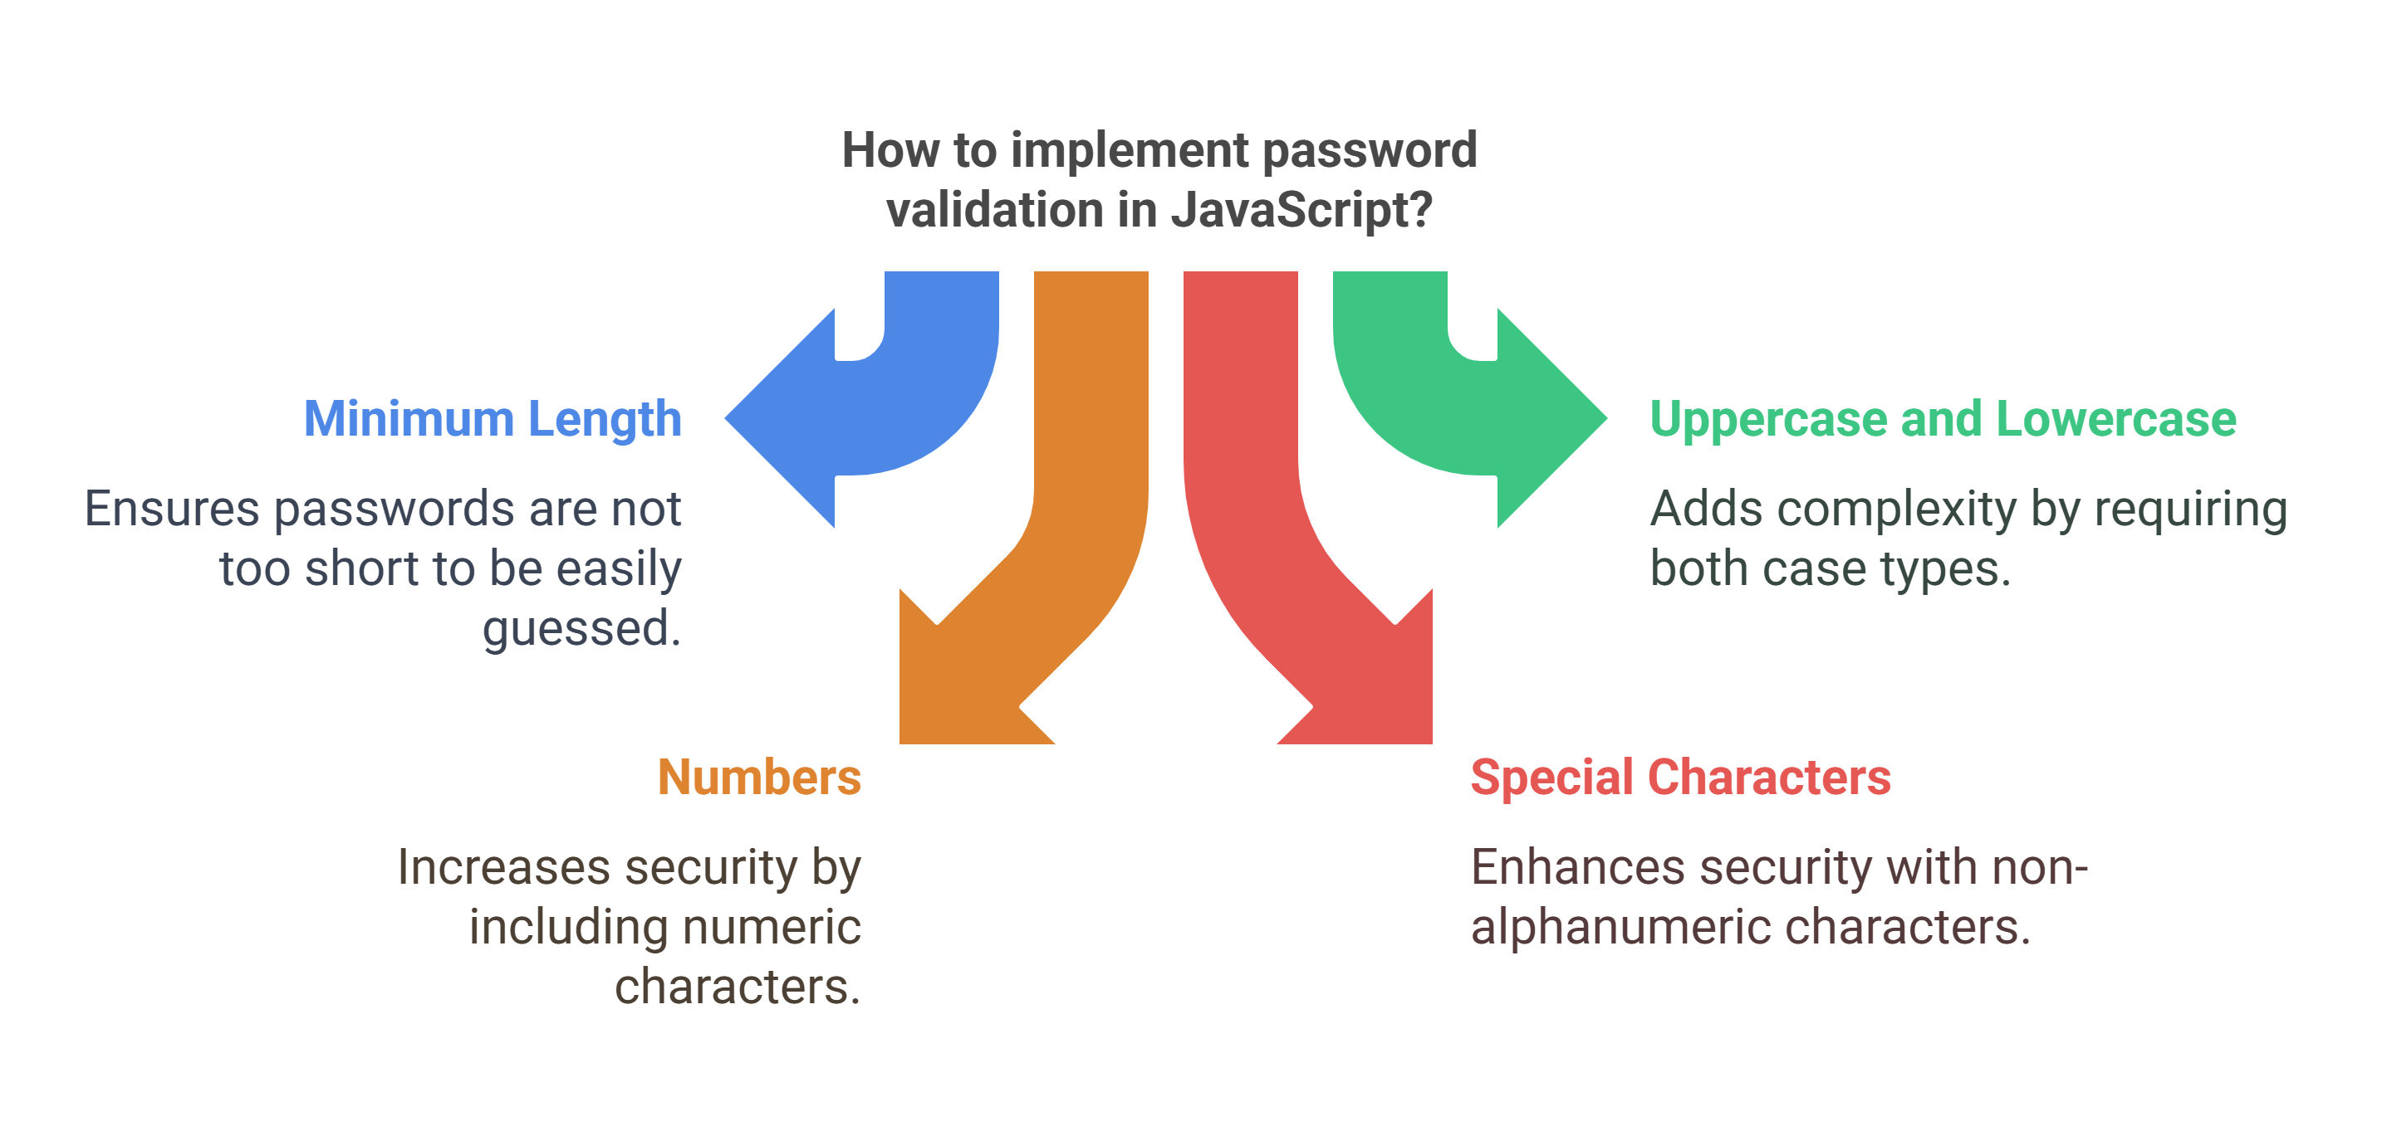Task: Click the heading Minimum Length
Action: click(x=493, y=420)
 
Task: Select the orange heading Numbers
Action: click(x=760, y=777)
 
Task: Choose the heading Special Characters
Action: click(x=1681, y=777)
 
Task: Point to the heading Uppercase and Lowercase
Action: click(x=1943, y=420)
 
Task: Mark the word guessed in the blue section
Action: click(x=582, y=628)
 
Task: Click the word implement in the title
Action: click(x=1130, y=150)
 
